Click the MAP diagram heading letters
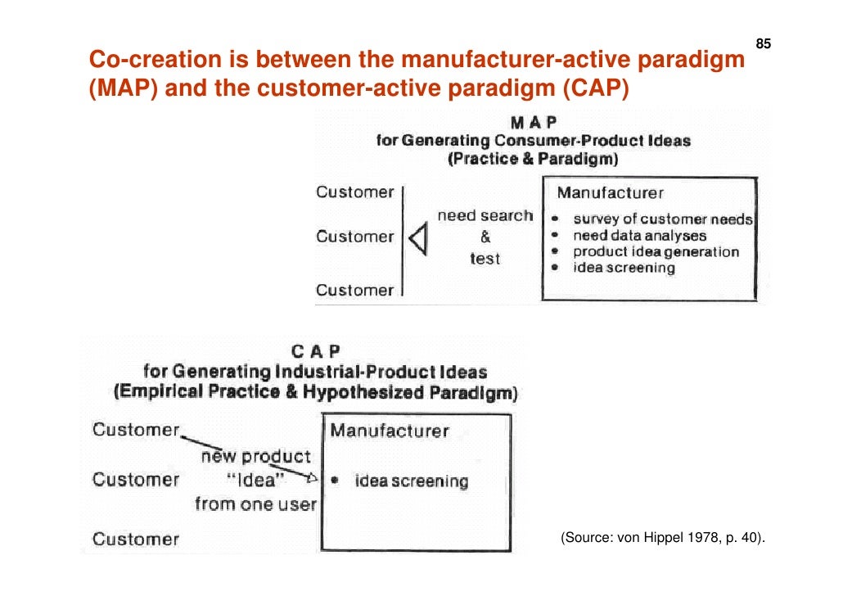point(534,122)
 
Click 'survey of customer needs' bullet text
point(662,219)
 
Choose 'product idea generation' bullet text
point(656,252)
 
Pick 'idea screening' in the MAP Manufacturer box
point(624,268)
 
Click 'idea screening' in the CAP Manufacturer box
point(411,481)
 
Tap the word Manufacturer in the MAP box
point(610,193)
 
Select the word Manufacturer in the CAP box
point(390,431)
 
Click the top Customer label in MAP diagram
point(355,192)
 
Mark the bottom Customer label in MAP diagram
point(355,290)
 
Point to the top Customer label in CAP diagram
point(136,430)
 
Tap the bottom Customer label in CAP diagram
point(136,539)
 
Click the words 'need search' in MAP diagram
point(485,216)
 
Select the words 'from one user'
point(255,504)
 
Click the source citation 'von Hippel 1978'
point(662,538)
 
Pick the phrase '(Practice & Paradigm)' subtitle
point(533,159)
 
